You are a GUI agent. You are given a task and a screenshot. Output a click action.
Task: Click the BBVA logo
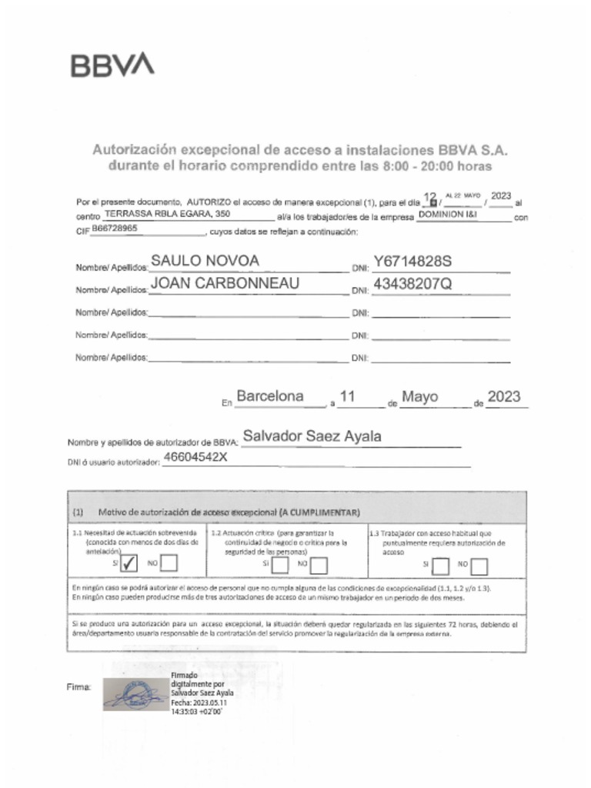pos(112,65)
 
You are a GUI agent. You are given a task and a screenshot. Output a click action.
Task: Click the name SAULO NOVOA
pos(205,261)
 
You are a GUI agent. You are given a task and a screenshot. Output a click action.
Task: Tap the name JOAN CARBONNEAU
pos(225,283)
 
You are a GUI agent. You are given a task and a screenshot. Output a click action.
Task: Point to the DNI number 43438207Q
pos(412,283)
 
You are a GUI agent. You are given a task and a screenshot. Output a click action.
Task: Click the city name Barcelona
pos(269,397)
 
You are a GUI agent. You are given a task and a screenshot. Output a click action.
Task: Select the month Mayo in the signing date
pos(420,397)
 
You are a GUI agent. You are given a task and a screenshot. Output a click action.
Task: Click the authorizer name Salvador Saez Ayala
pos(312,436)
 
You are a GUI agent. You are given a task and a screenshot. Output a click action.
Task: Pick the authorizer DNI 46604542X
pos(195,457)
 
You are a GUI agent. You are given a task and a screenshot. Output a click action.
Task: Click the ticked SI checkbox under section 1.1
pos(129,564)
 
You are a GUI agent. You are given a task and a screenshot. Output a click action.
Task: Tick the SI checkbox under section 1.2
pos(281,566)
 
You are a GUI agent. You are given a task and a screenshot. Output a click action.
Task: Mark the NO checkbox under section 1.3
pos(479,566)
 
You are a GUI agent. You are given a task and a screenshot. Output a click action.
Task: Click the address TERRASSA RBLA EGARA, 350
pos(167,213)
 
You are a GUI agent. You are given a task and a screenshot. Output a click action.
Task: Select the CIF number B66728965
pos(115,229)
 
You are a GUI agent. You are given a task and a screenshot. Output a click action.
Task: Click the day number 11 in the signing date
pos(347,397)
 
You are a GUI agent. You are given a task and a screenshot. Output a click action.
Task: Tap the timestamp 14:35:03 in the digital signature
pos(186,712)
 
